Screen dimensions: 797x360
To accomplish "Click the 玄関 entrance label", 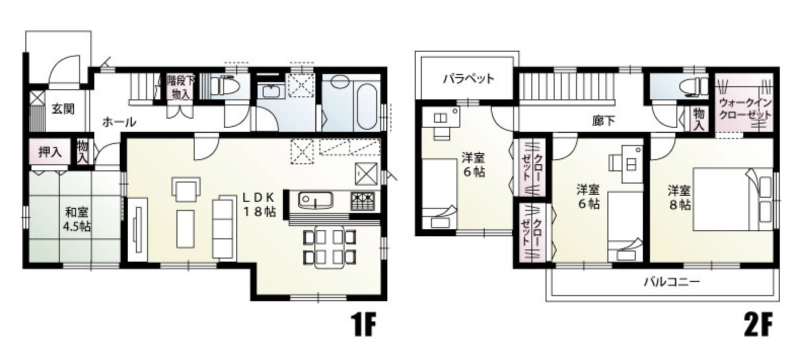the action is [x=63, y=109].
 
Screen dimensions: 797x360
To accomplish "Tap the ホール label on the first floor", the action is [x=119, y=122].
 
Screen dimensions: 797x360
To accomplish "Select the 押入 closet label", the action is [x=50, y=153].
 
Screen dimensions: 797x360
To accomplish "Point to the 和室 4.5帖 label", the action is [x=77, y=220].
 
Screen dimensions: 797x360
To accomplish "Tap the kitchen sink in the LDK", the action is [x=315, y=200].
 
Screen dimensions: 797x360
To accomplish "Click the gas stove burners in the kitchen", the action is [x=363, y=201].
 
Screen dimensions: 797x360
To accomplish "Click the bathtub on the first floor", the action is [x=367, y=106].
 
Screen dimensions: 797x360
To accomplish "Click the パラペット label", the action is [x=469, y=79].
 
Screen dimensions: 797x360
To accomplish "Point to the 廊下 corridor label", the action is [x=604, y=121].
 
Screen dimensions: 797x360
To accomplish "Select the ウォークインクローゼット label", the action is [x=745, y=109].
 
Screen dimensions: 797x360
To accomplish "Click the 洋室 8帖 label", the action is [x=679, y=198].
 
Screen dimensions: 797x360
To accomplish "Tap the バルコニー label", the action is [x=672, y=282].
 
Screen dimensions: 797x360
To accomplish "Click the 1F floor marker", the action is [x=365, y=325].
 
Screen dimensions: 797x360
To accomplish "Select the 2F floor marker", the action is [x=758, y=325].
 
